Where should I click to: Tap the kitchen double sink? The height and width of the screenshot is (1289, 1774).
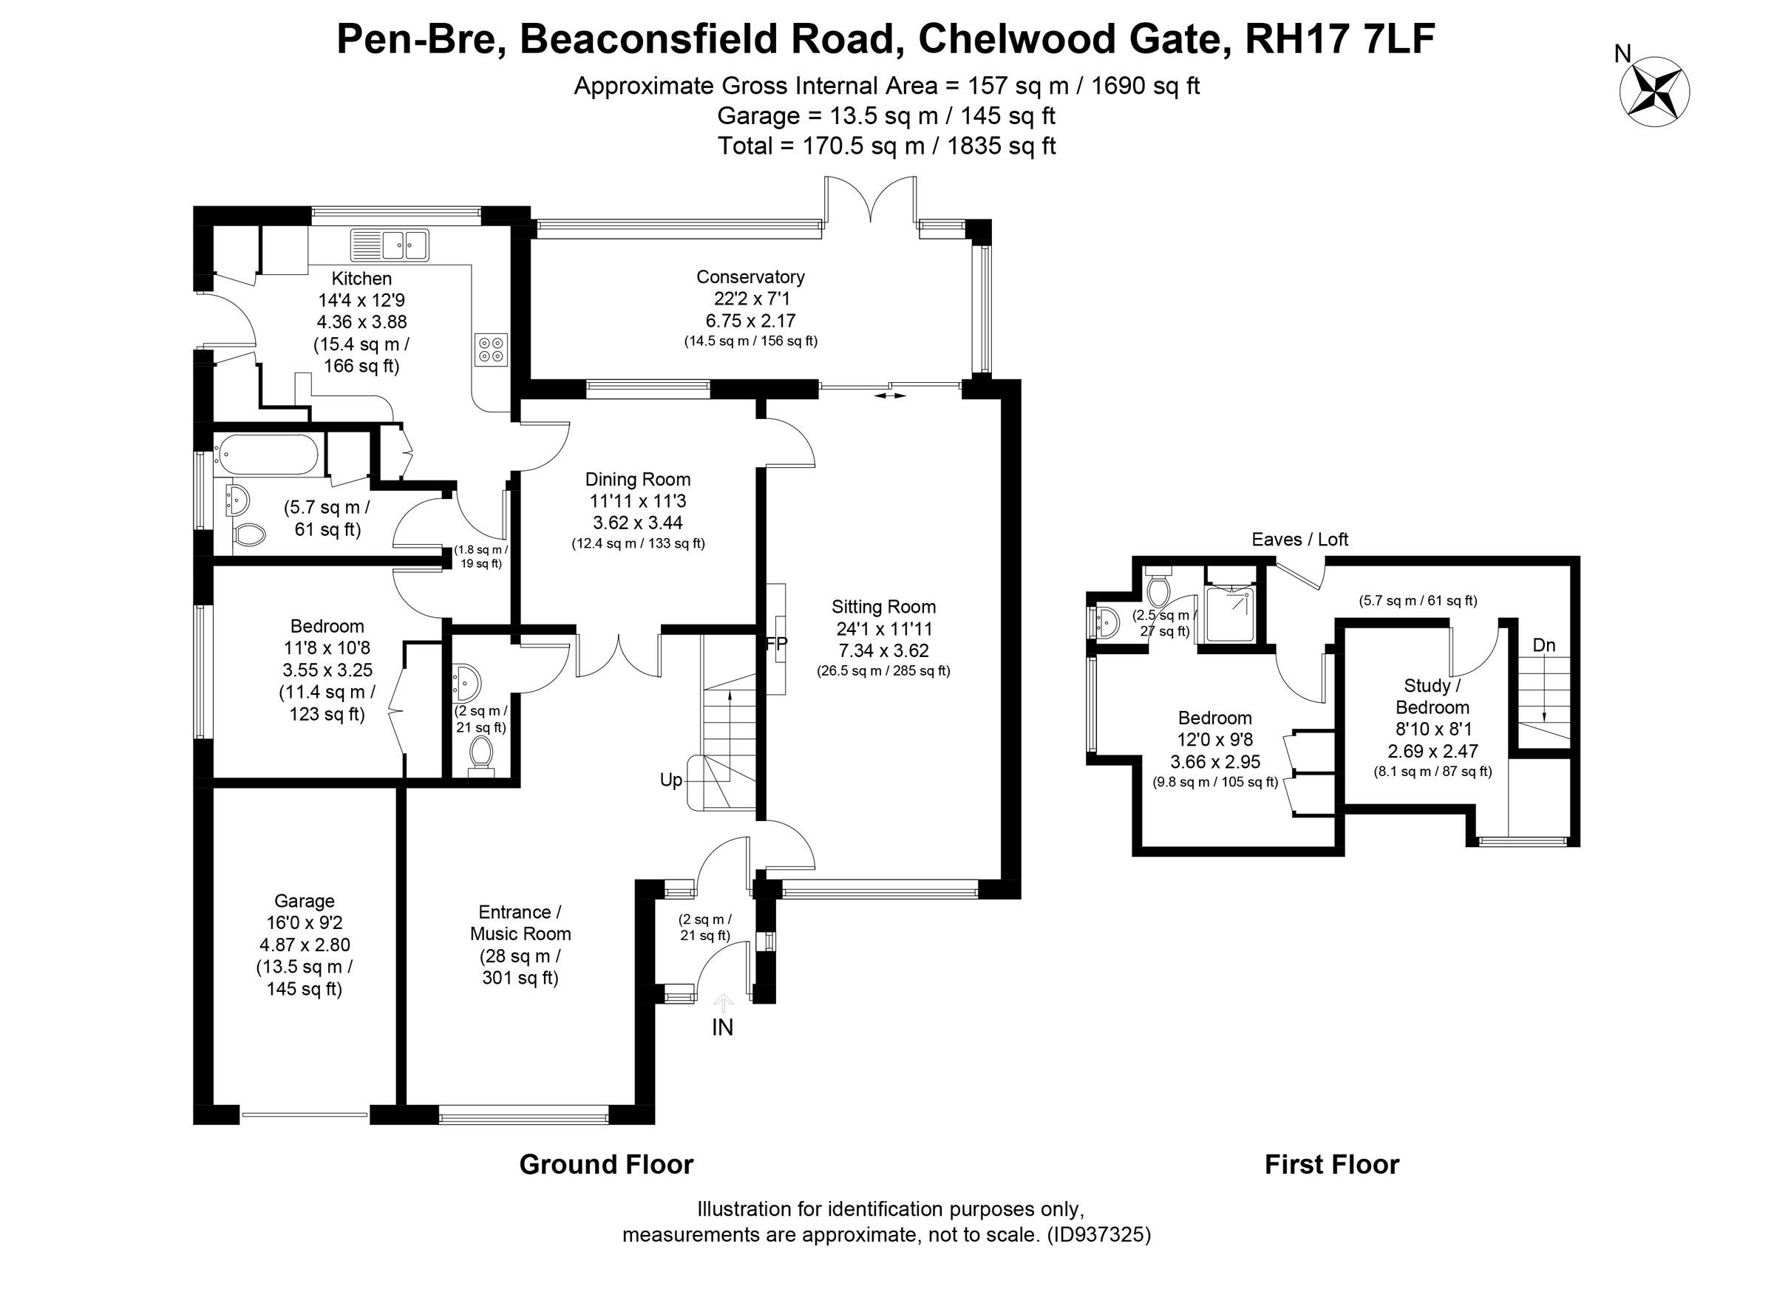(x=390, y=245)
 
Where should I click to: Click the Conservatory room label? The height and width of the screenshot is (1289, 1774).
(x=750, y=277)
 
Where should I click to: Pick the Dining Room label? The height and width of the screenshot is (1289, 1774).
(x=637, y=480)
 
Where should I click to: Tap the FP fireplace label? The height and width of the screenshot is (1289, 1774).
(x=777, y=644)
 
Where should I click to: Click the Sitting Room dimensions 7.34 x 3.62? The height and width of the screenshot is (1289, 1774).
(x=884, y=650)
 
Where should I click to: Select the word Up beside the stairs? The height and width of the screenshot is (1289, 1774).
(x=671, y=780)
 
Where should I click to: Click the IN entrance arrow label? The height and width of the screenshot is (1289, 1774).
(x=723, y=1027)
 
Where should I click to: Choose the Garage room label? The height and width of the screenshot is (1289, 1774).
(x=305, y=901)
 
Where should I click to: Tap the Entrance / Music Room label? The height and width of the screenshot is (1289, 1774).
(x=520, y=923)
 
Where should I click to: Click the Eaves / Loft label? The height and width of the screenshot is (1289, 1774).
(x=1300, y=539)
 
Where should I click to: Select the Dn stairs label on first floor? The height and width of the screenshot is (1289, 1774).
(x=1544, y=645)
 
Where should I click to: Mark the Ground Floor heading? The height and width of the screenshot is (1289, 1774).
(x=606, y=1165)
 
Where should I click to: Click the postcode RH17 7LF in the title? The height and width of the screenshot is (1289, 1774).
(x=1339, y=40)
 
